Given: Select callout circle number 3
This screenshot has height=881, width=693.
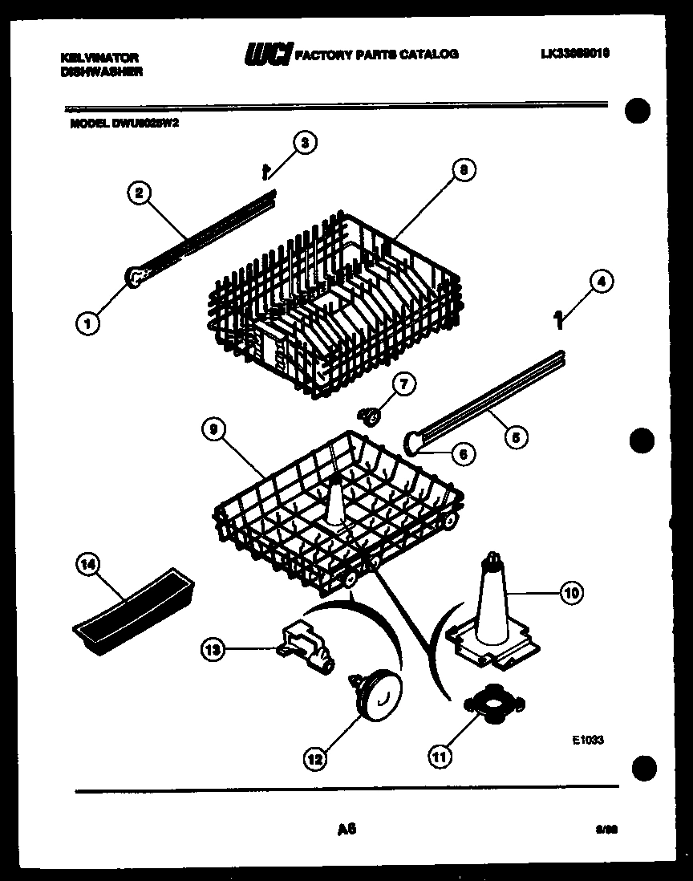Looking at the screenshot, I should point(302,144).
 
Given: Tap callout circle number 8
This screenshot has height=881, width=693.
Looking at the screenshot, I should point(463,169).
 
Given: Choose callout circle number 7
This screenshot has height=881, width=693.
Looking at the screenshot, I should point(403,384).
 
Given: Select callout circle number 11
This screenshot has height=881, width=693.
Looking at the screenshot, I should point(440,754).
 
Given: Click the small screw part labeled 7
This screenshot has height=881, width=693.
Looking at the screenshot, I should point(371,415).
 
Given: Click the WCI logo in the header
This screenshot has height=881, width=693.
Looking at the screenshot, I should point(269,54).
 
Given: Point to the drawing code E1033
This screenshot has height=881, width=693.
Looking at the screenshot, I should point(587,741).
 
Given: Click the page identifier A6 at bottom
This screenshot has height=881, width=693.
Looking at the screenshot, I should point(346,829).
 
